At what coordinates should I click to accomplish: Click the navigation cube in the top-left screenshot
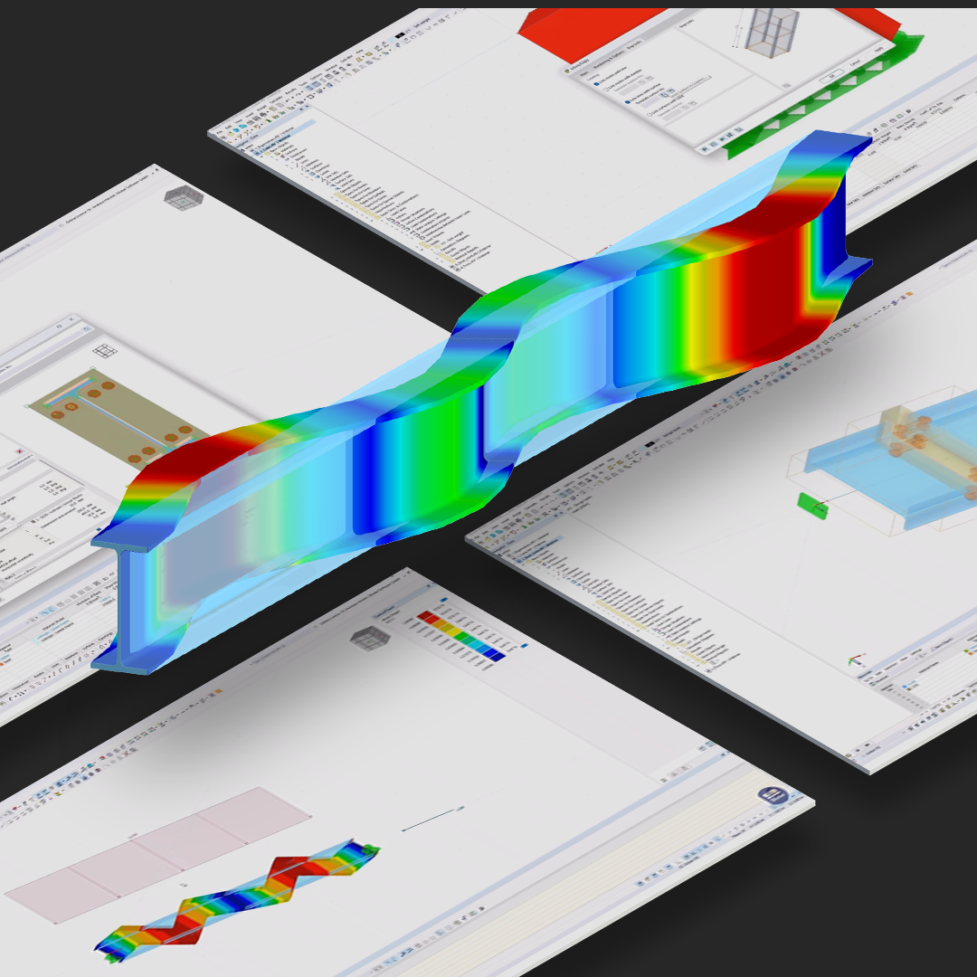click(177, 196)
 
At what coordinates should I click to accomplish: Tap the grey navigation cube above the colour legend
click(369, 637)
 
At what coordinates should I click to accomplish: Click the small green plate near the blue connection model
click(812, 506)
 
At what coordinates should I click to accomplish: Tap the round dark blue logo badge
click(773, 798)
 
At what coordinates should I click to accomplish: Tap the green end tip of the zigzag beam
click(370, 851)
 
